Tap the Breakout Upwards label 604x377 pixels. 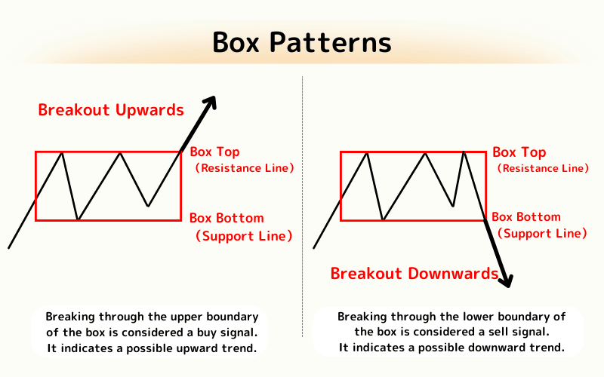[111, 110]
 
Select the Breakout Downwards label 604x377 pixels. [414, 273]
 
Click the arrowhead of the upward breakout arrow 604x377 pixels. [211, 102]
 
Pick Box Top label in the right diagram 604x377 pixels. [519, 152]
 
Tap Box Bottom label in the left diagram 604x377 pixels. [226, 219]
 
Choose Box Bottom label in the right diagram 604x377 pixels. [528, 217]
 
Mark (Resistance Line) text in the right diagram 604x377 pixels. [543, 168]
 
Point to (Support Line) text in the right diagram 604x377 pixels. [542, 234]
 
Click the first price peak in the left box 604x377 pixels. [62, 153]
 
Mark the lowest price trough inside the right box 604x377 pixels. [384, 219]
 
